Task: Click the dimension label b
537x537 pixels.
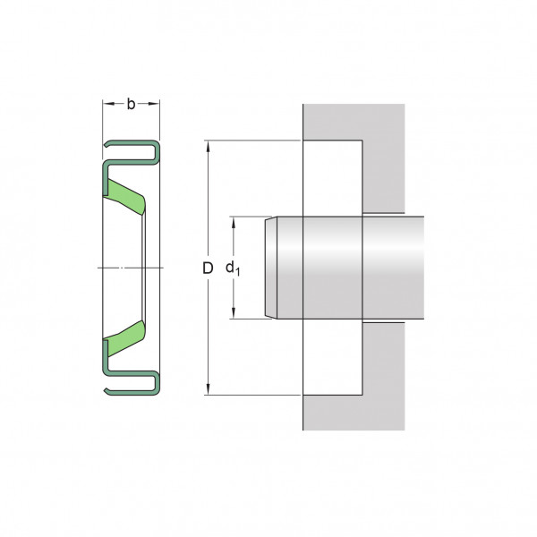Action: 131,104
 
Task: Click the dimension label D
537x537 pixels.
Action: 208,268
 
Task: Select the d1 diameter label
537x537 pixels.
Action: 233,268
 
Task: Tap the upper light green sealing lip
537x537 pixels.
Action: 125,196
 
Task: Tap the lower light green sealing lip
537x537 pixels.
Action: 125,338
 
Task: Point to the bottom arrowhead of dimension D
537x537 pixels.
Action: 208,389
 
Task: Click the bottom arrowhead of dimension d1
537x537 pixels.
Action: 234,313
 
